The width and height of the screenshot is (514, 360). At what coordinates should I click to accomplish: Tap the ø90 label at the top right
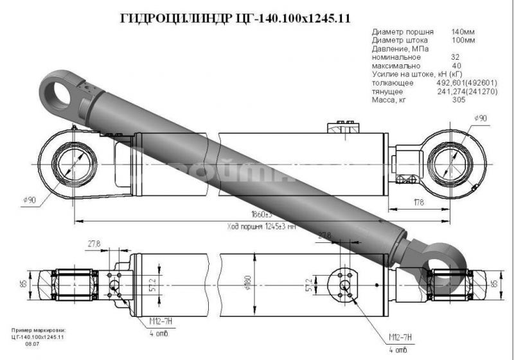point(480,118)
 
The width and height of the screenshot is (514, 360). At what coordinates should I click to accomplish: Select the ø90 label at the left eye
point(30,200)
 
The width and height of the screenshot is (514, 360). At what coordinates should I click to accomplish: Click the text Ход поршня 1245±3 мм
point(261,226)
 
